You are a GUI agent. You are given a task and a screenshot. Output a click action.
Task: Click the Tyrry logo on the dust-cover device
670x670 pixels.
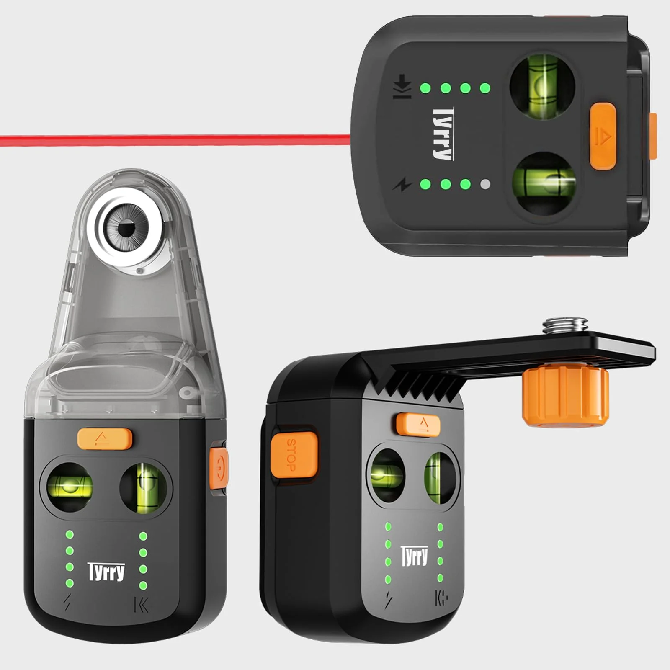[106, 572]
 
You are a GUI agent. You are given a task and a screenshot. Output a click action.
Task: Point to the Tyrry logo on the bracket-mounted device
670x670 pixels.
[415, 556]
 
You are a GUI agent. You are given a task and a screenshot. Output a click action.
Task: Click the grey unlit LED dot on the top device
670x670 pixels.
[485, 184]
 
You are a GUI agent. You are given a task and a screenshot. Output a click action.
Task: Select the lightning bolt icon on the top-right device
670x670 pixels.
[402, 184]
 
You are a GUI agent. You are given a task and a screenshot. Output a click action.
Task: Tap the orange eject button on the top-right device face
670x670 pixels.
[603, 137]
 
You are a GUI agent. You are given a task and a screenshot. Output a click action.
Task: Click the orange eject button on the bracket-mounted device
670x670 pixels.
[419, 424]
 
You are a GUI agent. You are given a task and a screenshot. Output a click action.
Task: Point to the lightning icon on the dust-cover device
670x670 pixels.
[67, 603]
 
